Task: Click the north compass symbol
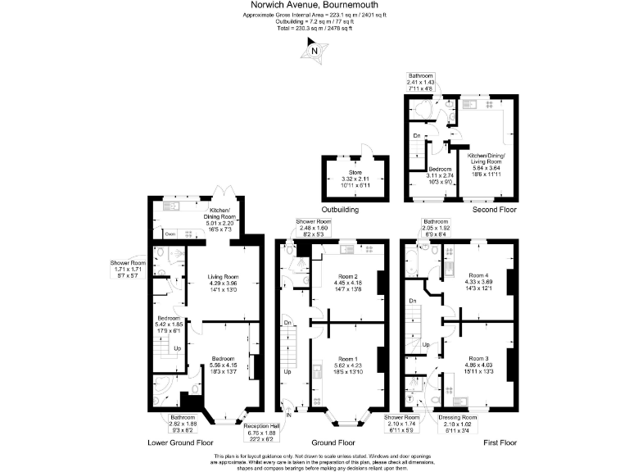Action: click(314, 52)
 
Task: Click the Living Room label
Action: click(223, 277)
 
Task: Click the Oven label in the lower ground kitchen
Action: click(170, 234)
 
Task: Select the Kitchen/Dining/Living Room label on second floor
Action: click(486, 158)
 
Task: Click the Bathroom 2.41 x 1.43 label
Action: click(423, 76)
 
